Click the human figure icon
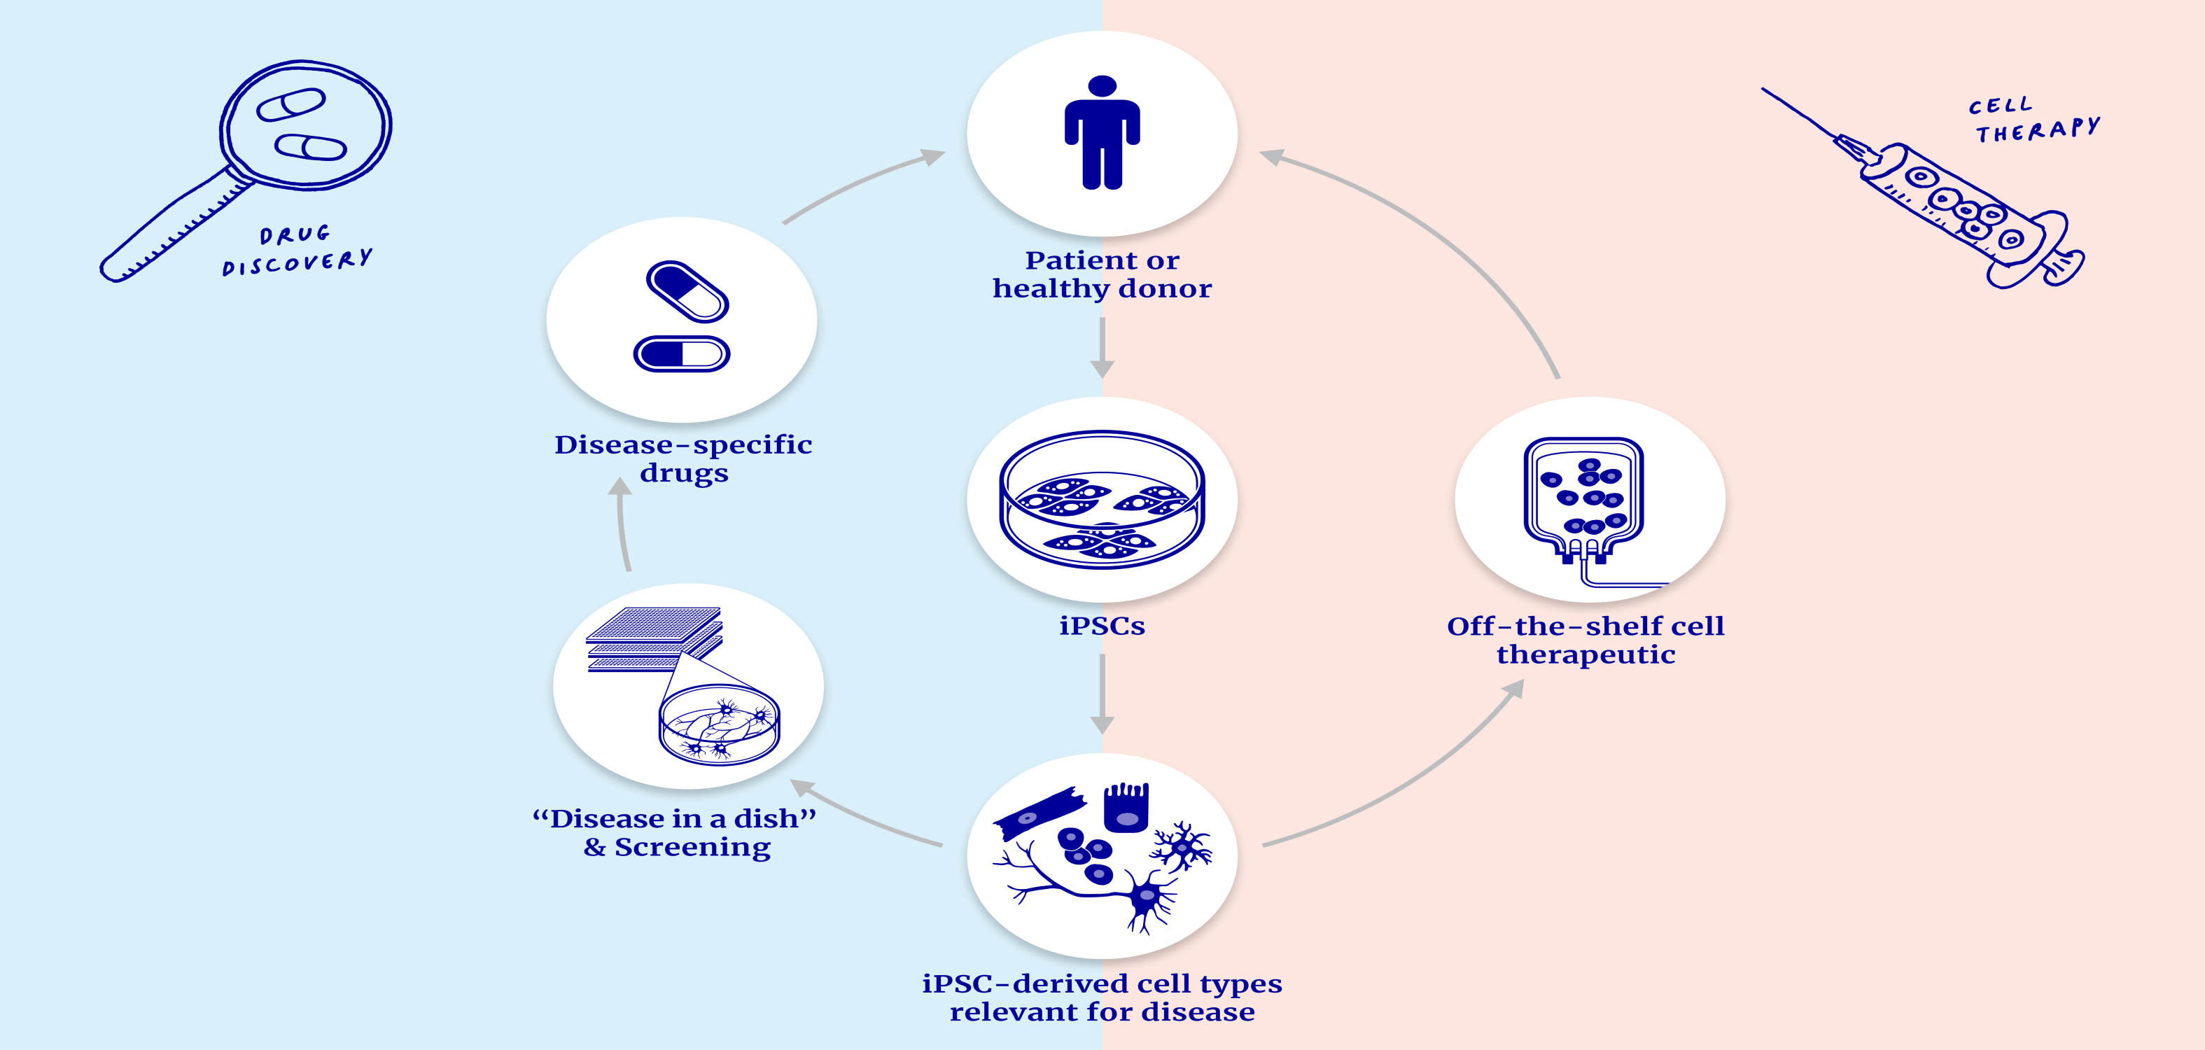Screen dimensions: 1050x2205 pyautogui.click(x=1102, y=132)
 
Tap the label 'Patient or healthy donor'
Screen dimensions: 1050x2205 pyautogui.click(x=1102, y=274)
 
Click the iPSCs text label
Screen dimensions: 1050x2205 pyautogui.click(x=1102, y=626)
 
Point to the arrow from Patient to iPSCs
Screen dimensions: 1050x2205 pyautogui.click(x=1102, y=346)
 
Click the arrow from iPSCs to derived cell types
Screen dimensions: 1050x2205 pyautogui.click(x=1102, y=693)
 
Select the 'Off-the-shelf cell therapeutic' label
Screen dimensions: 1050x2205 pyautogui.click(x=1585, y=640)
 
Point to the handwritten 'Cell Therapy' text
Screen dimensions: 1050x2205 pyautogui.click(x=2033, y=120)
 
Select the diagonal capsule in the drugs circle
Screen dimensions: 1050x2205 pyautogui.click(x=687, y=292)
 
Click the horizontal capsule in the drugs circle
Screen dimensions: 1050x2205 pyautogui.click(x=681, y=353)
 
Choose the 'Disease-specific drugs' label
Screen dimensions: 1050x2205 pyautogui.click(x=683, y=458)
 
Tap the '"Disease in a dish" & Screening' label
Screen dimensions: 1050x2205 pyautogui.click(x=675, y=832)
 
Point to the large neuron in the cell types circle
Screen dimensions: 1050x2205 pyautogui.click(x=1142, y=899)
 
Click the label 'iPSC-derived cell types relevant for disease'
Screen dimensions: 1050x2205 pyautogui.click(x=1102, y=997)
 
